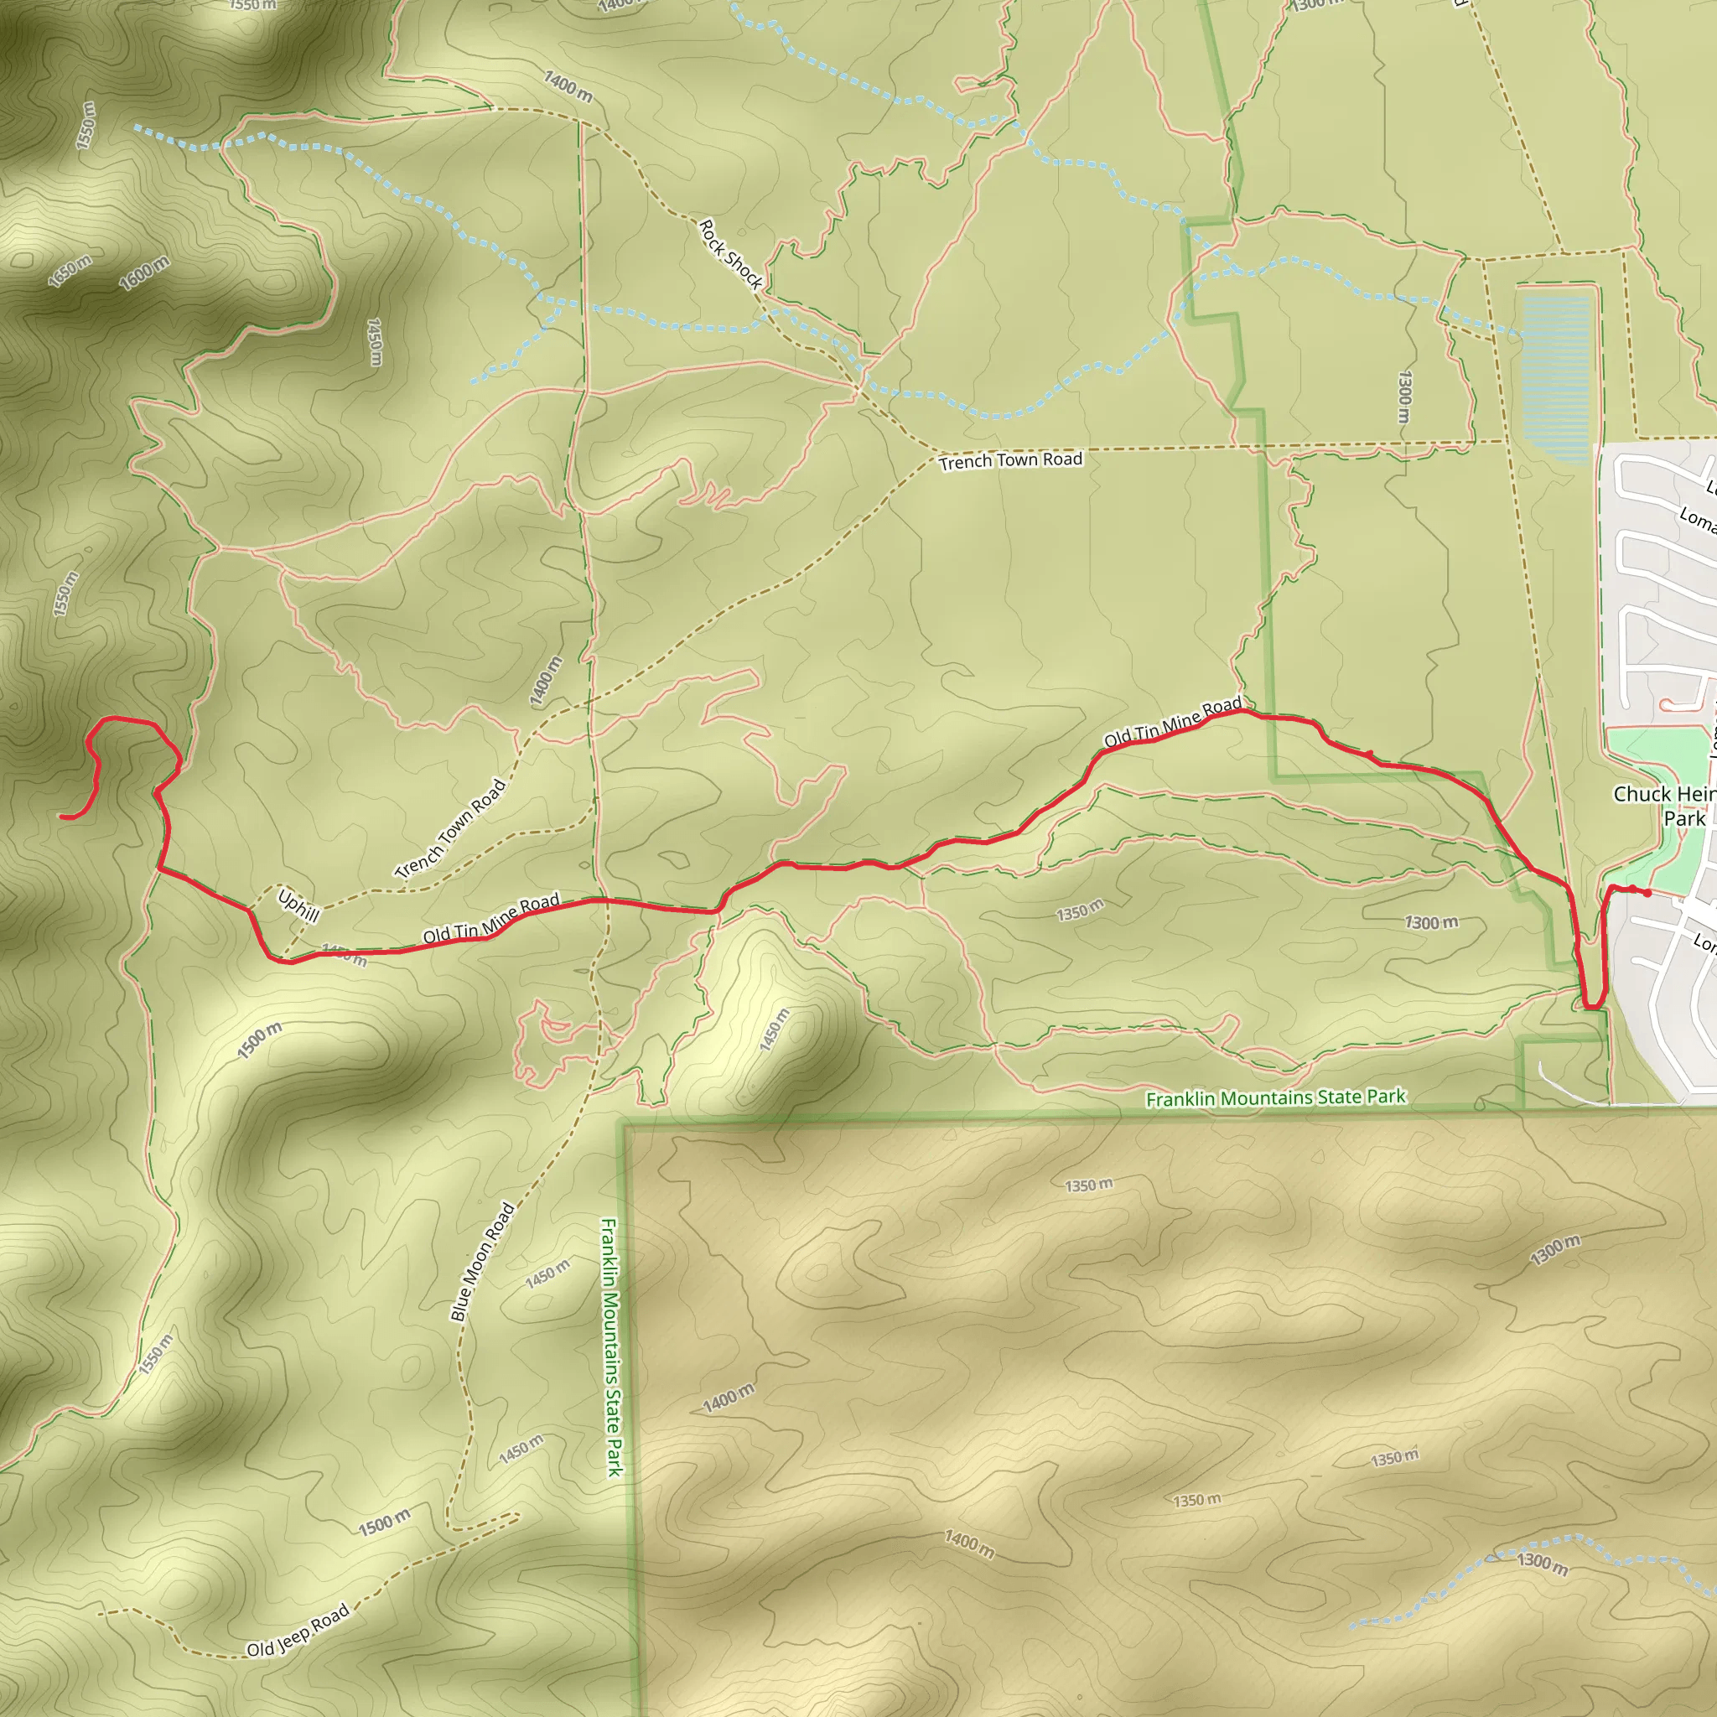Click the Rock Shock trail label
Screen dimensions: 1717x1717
tap(730, 254)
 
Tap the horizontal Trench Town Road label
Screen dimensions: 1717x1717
tap(1010, 460)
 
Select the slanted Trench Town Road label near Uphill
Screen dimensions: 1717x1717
tap(450, 828)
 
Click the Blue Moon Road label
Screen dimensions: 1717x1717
tap(483, 1261)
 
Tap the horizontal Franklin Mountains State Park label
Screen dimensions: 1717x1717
tap(1275, 1098)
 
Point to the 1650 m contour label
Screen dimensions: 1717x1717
tap(70, 271)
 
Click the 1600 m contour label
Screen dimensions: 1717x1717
tap(144, 272)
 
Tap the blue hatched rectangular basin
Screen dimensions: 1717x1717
tap(1555, 379)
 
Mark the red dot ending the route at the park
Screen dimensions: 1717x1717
tap(1647, 893)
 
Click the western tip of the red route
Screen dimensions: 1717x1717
tap(62, 816)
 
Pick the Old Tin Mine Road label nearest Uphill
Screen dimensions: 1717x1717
tap(490, 918)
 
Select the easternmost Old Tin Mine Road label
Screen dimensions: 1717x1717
tap(1172, 723)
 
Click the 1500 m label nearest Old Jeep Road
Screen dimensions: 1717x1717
tap(384, 1522)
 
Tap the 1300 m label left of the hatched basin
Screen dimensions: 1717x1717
tap(1404, 397)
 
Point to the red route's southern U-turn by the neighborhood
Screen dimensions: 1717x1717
tap(1593, 1007)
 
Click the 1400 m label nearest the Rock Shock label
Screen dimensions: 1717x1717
tap(568, 86)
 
